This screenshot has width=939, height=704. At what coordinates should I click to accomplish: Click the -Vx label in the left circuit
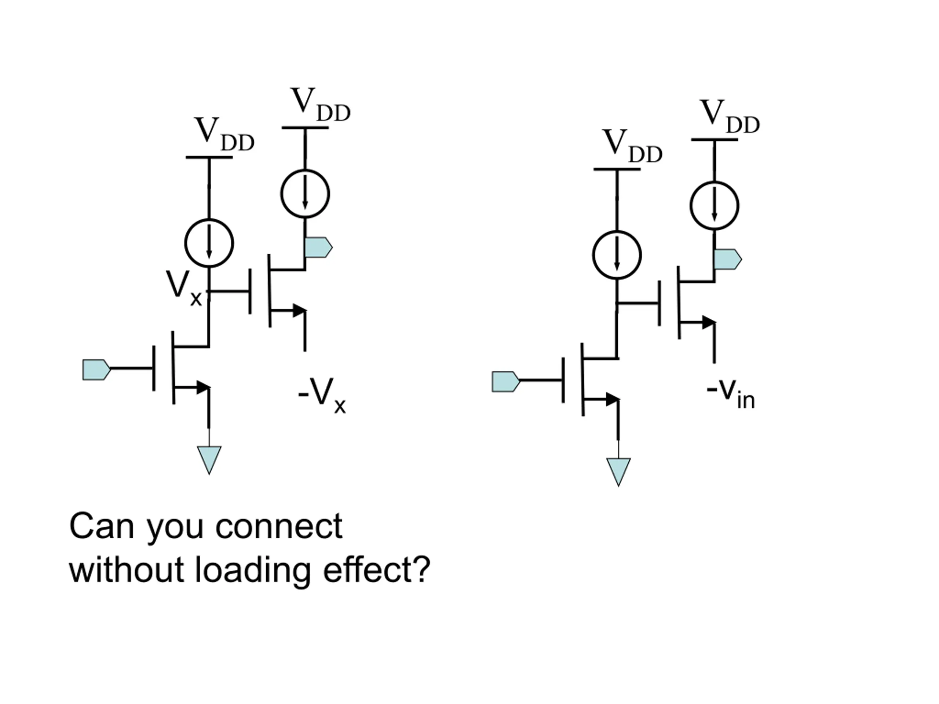pyautogui.click(x=322, y=396)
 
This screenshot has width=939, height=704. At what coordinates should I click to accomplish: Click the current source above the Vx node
pyautogui.click(x=209, y=243)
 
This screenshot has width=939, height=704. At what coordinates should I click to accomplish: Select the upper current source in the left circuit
pyautogui.click(x=305, y=194)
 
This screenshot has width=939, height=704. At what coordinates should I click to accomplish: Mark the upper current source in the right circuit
pyautogui.click(x=715, y=206)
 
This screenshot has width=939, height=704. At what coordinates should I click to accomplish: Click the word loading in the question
pyautogui.click(x=253, y=572)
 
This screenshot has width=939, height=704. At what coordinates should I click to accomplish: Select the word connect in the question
pyautogui.click(x=279, y=527)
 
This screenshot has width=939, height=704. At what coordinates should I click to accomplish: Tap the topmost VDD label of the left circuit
pyautogui.click(x=321, y=104)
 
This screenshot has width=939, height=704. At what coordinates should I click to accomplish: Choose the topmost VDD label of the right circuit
pyautogui.click(x=730, y=116)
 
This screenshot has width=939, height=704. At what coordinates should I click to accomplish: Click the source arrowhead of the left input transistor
pyautogui.click(x=203, y=388)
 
